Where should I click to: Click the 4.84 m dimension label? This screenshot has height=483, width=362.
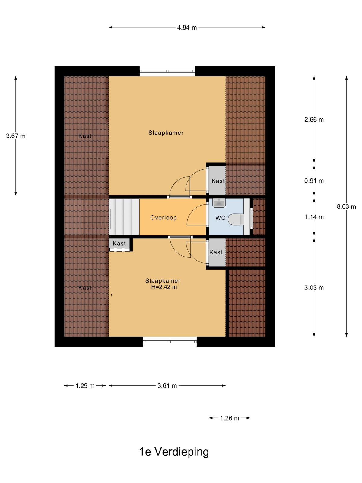click(187, 27)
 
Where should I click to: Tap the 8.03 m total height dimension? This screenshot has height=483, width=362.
click(346, 206)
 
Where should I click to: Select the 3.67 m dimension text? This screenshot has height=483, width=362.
click(16, 136)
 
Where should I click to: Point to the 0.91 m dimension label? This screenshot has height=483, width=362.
click(314, 181)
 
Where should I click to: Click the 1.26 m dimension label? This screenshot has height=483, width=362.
click(230, 418)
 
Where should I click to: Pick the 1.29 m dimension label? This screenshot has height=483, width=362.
click(85, 386)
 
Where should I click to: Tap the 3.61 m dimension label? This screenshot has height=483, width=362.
click(167, 386)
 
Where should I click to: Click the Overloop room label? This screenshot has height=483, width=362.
click(163, 218)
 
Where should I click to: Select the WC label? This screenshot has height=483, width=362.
click(220, 218)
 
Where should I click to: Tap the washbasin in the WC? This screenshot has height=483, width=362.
click(219, 203)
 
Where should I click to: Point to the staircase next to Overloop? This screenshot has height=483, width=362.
click(124, 217)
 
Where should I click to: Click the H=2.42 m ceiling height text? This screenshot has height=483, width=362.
click(164, 287)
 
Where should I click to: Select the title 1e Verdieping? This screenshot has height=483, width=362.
click(174, 452)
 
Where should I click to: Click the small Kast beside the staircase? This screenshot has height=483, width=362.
click(119, 244)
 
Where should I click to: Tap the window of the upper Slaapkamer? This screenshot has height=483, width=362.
click(167, 71)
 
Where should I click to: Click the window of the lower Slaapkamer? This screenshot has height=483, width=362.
click(170, 341)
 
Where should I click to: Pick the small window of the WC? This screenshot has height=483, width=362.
click(252, 217)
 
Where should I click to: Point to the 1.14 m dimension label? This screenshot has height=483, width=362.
click(314, 217)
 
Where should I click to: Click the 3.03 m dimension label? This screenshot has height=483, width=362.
click(314, 288)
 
